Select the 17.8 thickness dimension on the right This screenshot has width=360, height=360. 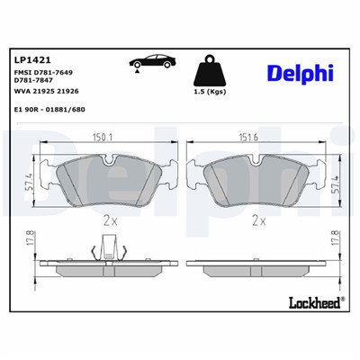click(x=336, y=242)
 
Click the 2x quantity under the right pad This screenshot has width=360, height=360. click(x=259, y=219)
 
